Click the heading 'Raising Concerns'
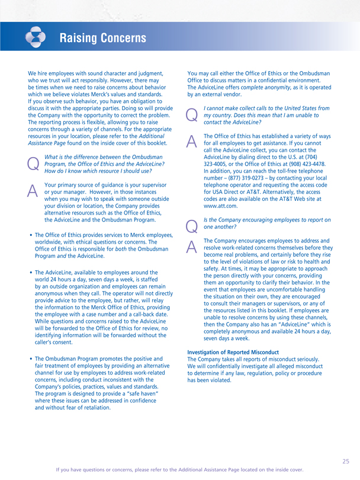click(x=102, y=39)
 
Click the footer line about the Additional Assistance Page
click(x=179, y=469)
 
